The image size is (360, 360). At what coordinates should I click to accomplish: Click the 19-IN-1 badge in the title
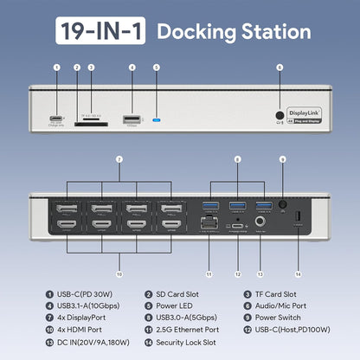[101, 32]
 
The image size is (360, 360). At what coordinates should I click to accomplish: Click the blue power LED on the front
[157, 119]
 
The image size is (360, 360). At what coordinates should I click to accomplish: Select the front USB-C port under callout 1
[57, 119]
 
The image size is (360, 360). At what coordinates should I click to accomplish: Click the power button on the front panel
[280, 112]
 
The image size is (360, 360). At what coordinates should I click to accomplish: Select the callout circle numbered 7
[119, 158]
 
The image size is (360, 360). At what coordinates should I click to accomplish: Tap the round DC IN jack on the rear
[260, 223]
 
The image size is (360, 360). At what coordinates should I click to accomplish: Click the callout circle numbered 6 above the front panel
[280, 67]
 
